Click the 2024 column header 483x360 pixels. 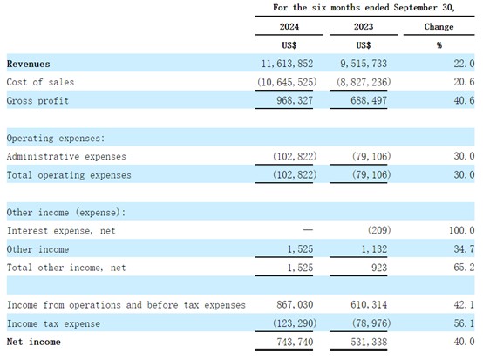[289, 26]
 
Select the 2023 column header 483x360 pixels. [364, 26]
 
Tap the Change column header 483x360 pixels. [439, 27]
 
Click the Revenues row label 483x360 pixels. [29, 64]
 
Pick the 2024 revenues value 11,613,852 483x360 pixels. [287, 64]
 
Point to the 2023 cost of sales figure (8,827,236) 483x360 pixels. [364, 82]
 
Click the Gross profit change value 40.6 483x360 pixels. [464, 100]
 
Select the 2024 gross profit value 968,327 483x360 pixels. [295, 100]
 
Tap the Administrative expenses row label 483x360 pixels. [66, 156]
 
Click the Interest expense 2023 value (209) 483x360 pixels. [379, 230]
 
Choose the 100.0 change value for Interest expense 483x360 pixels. [461, 230]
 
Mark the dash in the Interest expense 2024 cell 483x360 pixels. [308, 230]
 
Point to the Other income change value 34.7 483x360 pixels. [464, 248]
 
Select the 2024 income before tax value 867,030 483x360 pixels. [295, 304]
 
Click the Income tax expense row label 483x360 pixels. [53, 323]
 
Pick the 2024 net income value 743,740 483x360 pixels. [295, 342]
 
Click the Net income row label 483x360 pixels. [34, 342]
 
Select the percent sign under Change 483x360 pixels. [439, 45]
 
